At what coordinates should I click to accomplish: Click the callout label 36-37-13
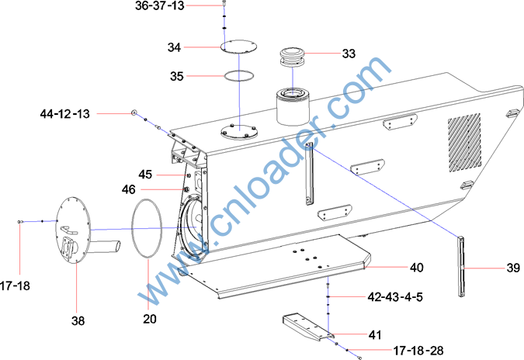tap(160, 5)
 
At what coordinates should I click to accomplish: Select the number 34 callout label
tap(174, 47)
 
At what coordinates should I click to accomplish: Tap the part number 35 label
tap(177, 76)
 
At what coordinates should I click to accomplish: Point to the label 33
tap(349, 54)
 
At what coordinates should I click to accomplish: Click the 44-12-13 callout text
tap(65, 114)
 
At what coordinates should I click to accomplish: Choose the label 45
tap(145, 175)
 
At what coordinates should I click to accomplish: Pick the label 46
tap(129, 189)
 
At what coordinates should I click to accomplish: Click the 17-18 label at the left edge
tap(15, 286)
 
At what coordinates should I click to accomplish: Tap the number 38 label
tap(78, 321)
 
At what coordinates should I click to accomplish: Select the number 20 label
tap(150, 319)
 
